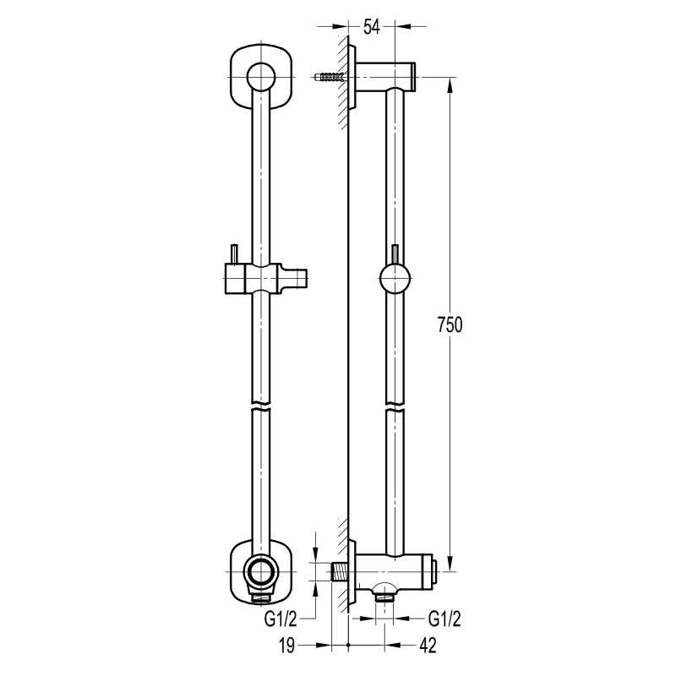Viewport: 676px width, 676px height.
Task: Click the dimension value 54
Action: [x=371, y=27]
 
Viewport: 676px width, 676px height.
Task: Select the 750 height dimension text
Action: [x=450, y=324]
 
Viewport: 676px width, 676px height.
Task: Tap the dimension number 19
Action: [x=286, y=646]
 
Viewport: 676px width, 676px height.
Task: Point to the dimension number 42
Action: [x=428, y=646]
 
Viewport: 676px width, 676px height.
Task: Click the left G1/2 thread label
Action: [x=281, y=619]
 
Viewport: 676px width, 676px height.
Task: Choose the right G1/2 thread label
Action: [x=444, y=619]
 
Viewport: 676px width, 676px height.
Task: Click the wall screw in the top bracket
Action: [x=330, y=77]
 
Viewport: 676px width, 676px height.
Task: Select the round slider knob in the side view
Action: [x=395, y=279]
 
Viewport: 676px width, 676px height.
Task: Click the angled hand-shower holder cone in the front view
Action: [x=295, y=279]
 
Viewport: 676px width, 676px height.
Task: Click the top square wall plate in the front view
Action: [x=261, y=77]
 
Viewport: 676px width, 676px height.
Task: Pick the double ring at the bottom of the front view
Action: [x=261, y=571]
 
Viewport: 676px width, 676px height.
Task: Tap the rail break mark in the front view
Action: [x=261, y=406]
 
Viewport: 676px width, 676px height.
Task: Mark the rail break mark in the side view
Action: [x=395, y=406]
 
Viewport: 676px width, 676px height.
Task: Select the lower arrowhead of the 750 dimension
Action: [x=450, y=563]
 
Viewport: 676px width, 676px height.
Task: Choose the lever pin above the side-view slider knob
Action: [x=395, y=254]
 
